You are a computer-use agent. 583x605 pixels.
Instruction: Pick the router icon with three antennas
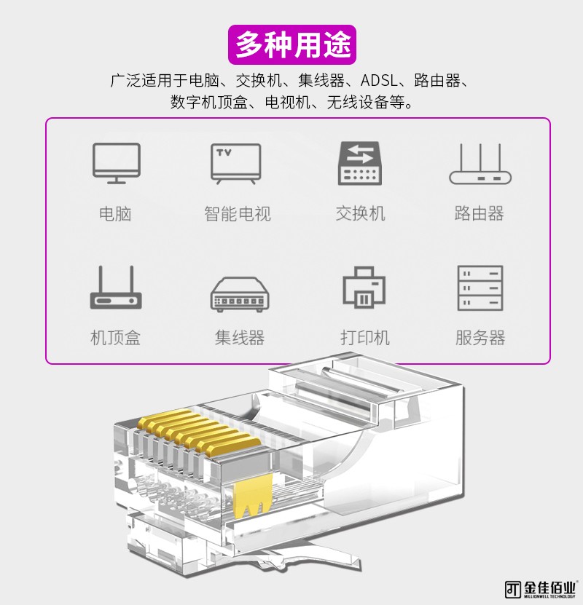point(480,165)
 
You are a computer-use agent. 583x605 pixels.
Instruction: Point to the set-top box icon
point(117,288)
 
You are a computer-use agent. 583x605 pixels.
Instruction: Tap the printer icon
point(364,288)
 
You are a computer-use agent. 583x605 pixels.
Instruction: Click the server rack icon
point(480,288)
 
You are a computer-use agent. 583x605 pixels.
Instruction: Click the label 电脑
point(116,214)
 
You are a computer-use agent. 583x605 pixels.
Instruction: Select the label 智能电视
point(237,214)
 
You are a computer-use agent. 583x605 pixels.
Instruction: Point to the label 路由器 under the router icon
point(480,214)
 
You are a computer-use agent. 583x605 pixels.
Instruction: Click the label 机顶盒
point(115,338)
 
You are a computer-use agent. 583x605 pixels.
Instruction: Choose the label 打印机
point(364,338)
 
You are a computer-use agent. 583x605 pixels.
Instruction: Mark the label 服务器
point(480,338)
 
